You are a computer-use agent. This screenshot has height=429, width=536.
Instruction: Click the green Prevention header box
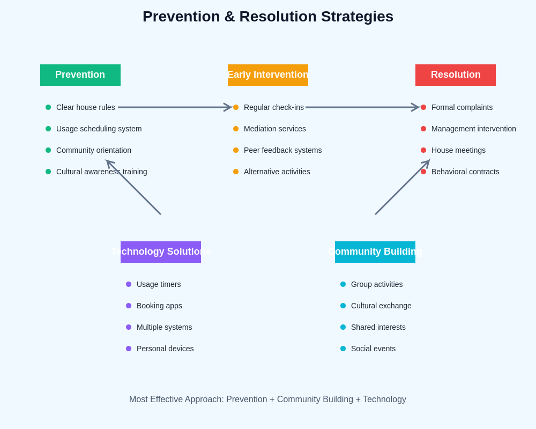(x=80, y=75)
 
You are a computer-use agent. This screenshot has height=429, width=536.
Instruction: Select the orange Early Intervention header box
(x=268, y=75)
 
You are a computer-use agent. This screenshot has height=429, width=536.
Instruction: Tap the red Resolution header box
(x=456, y=75)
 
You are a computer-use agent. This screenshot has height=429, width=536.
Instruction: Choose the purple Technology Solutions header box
(x=161, y=252)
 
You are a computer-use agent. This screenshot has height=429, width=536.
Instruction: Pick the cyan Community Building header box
(x=375, y=252)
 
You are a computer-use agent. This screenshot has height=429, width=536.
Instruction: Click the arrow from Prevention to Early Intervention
(x=174, y=107)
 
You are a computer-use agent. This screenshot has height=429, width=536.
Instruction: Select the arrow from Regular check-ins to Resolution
(x=362, y=107)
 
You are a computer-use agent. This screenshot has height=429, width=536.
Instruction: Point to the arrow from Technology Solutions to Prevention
(x=134, y=188)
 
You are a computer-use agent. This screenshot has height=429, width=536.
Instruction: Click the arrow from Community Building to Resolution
(x=402, y=188)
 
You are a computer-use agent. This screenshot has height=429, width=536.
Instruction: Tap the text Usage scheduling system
(x=99, y=129)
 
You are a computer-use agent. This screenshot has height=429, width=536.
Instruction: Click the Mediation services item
(x=274, y=129)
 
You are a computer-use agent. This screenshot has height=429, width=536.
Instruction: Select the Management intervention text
(x=473, y=129)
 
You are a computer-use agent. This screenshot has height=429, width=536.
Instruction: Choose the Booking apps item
(x=159, y=306)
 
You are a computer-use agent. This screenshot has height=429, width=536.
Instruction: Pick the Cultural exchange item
(x=381, y=306)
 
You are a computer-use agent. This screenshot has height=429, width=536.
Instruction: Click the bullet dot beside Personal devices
(x=129, y=349)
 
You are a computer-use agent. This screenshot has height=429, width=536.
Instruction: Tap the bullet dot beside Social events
(x=343, y=349)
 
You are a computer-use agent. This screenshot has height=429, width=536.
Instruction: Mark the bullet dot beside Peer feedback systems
(x=236, y=150)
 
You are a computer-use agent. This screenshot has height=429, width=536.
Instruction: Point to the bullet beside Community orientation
(x=48, y=150)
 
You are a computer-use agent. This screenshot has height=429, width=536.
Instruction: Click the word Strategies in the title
(x=357, y=17)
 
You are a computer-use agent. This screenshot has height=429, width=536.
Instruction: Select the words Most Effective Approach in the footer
(x=175, y=400)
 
